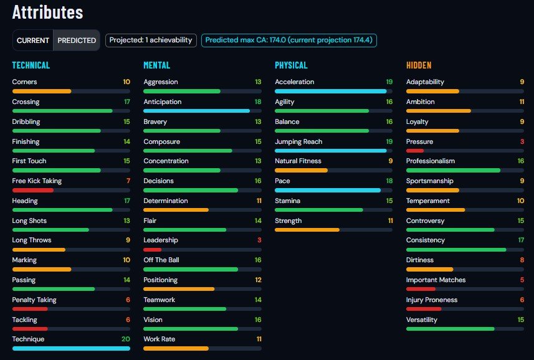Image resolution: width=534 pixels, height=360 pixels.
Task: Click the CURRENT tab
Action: [x=32, y=40]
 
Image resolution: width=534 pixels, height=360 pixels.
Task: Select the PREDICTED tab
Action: [x=77, y=40]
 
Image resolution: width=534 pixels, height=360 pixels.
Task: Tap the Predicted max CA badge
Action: [x=288, y=40]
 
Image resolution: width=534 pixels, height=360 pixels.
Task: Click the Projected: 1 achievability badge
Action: [x=151, y=40]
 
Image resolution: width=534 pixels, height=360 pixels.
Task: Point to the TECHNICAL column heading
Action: [x=31, y=65]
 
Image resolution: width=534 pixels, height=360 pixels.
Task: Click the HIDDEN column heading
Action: [x=419, y=65]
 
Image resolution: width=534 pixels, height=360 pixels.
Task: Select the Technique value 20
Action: [x=126, y=339]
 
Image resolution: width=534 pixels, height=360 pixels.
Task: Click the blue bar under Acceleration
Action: [x=331, y=91]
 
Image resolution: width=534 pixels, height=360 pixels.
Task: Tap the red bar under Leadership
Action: [x=152, y=250]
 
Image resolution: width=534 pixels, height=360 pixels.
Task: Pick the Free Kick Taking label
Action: [x=37, y=181]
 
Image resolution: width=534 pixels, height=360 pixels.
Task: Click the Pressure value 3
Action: [x=522, y=141]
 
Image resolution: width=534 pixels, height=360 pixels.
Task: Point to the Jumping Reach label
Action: [x=298, y=141]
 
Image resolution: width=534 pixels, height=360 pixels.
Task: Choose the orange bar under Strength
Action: [x=307, y=230]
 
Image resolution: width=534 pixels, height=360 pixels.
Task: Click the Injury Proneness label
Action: [x=431, y=300]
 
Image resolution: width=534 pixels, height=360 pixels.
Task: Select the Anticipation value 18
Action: [x=258, y=102]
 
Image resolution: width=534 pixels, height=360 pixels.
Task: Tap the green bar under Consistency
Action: [x=456, y=250]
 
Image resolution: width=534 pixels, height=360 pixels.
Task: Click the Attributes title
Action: [x=48, y=12]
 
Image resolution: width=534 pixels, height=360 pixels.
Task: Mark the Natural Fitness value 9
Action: [x=391, y=161]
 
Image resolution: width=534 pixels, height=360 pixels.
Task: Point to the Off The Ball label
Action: [x=161, y=260]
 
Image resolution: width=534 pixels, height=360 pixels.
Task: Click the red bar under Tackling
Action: [x=30, y=329]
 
